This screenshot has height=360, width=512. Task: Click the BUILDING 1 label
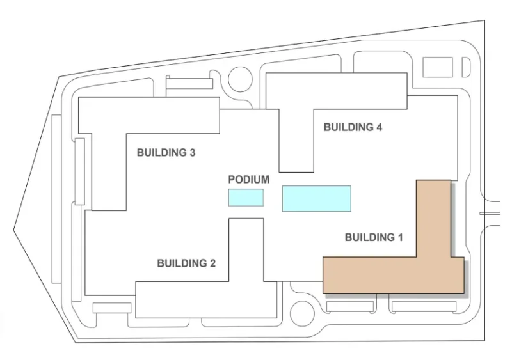(x=374, y=237)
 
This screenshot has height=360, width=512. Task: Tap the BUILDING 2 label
(x=186, y=263)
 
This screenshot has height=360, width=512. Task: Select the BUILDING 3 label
(x=166, y=152)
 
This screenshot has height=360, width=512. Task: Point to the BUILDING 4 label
(x=353, y=127)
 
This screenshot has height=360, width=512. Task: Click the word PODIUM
(x=249, y=180)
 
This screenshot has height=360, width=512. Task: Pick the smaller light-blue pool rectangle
(x=246, y=198)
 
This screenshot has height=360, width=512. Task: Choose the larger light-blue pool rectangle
(x=317, y=198)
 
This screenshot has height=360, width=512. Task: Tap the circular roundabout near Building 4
(x=241, y=79)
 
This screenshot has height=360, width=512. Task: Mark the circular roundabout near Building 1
(x=302, y=313)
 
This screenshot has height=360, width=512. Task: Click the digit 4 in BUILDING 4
(x=379, y=127)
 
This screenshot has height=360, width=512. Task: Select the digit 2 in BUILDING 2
(x=212, y=263)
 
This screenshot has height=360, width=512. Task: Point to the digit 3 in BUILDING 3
(x=192, y=152)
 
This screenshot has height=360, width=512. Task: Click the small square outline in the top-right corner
(x=438, y=67)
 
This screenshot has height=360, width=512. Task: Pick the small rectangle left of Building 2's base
(x=112, y=308)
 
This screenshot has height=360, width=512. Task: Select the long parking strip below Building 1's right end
(x=424, y=306)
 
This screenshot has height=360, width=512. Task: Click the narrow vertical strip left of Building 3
(x=80, y=171)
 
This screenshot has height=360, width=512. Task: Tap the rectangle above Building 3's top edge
(x=189, y=83)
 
